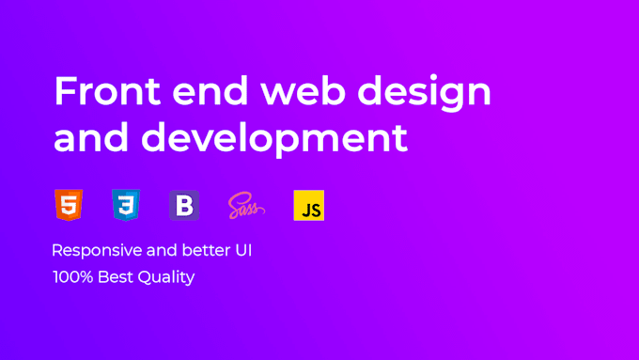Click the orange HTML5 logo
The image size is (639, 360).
coord(68,204)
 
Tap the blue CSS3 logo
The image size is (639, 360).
coord(125,204)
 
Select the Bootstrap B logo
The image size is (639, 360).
coord(184,205)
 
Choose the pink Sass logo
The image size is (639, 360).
coord(246,205)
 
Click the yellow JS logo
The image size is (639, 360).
coord(308,205)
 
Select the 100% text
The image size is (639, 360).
coord(71,277)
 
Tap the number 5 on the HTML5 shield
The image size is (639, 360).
coord(68,206)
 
